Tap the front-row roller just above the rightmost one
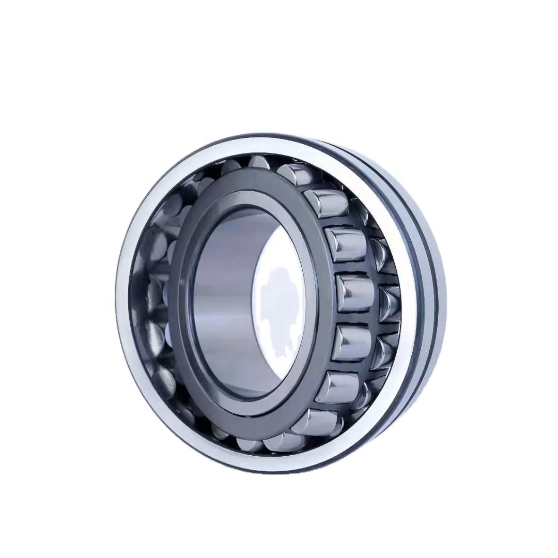click(345, 244)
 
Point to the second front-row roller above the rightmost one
click(326, 203)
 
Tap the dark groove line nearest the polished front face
click(411, 289)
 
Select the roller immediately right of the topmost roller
click(292, 173)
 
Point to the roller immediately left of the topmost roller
click(230, 166)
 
